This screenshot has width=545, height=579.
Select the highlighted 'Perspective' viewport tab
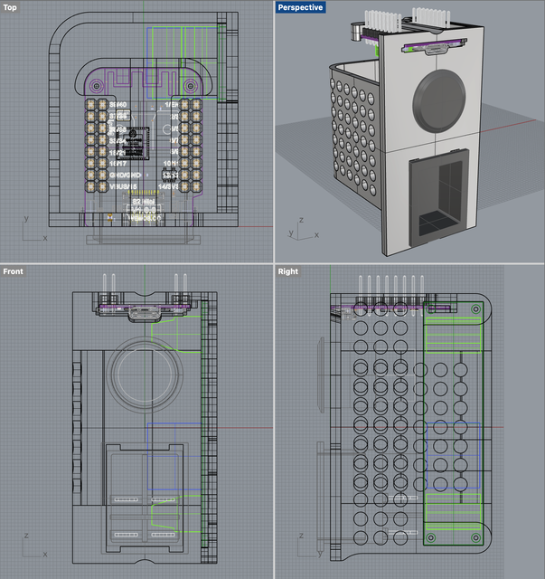(x=300, y=7)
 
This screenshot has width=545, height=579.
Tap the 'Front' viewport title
(x=14, y=271)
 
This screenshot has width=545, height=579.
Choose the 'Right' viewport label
(x=288, y=271)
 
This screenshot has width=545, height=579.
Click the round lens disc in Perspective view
(x=442, y=100)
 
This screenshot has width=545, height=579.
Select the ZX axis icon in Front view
(x=33, y=548)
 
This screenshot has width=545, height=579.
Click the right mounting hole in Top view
(x=191, y=85)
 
